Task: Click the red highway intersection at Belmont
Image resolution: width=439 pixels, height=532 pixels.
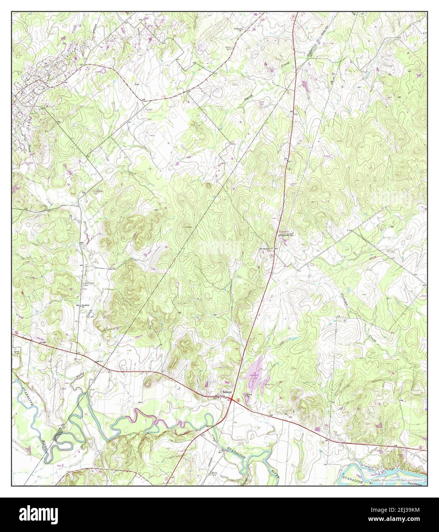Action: (233, 399)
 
